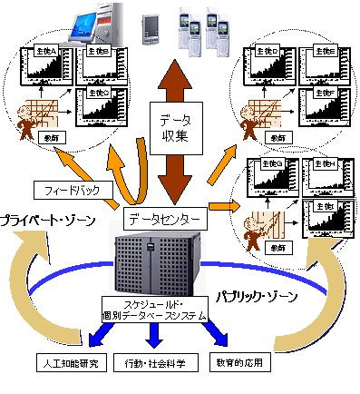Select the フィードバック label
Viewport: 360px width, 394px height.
pos(77,191)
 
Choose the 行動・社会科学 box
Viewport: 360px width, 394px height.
pos(153,362)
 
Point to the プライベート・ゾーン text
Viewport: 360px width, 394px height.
pos(51,222)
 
